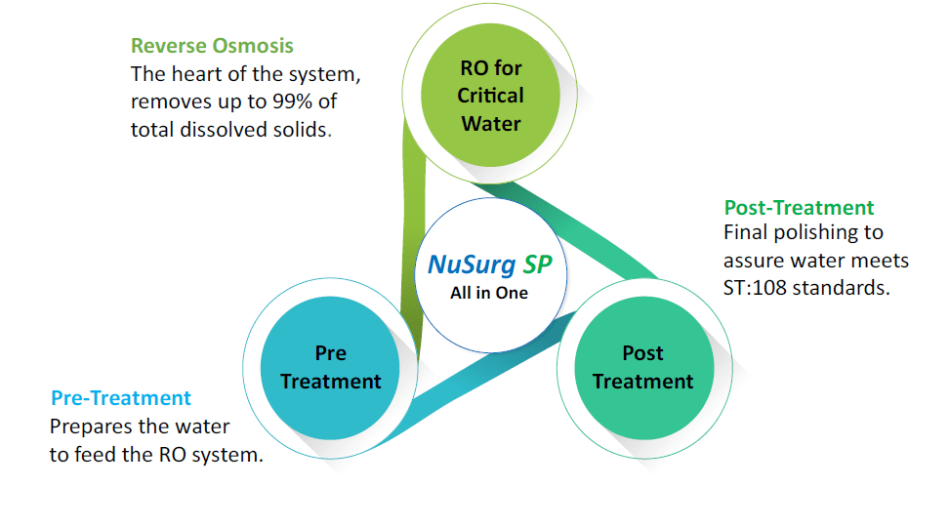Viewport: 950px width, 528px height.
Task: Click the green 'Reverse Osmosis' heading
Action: [212, 46]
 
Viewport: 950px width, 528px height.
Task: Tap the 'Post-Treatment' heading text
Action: [799, 208]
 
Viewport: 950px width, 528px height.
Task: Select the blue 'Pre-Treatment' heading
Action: [121, 398]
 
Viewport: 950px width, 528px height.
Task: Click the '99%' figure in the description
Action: [292, 102]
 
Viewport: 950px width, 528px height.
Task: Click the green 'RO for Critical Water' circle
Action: [490, 95]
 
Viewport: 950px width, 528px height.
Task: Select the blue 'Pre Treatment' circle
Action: [330, 368]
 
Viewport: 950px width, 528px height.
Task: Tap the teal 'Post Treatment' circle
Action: [643, 368]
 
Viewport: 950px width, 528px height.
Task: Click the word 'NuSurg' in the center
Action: [472, 264]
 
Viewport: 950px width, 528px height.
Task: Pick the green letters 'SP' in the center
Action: [537, 264]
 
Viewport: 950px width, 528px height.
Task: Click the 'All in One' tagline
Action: [489, 293]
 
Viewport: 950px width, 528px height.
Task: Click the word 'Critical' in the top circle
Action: [490, 95]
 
